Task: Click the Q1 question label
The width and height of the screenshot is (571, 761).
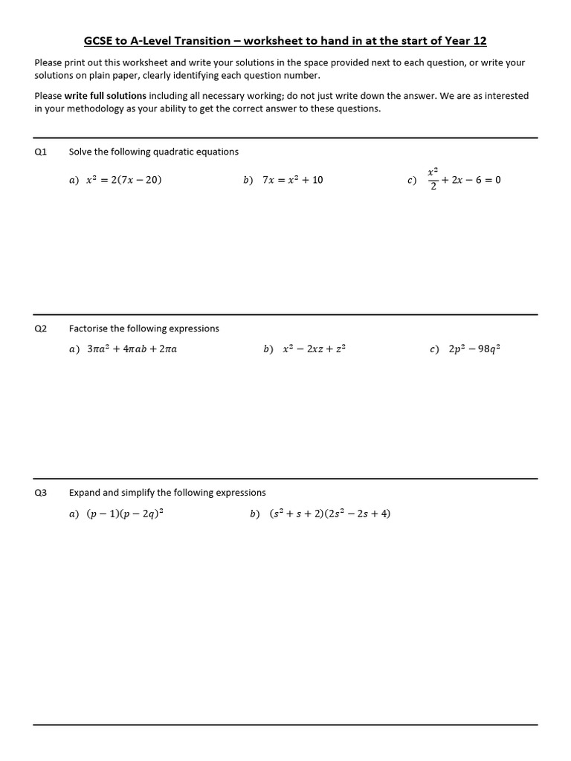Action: pyautogui.click(x=41, y=152)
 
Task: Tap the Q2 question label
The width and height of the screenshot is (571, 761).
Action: pyautogui.click(x=41, y=328)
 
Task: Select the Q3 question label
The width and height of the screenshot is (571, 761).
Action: pyautogui.click(x=41, y=493)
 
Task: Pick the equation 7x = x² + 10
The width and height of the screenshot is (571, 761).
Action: pyautogui.click(x=293, y=180)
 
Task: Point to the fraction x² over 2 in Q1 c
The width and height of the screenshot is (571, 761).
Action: pyautogui.click(x=433, y=179)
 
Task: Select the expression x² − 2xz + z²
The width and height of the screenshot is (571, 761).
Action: pyautogui.click(x=314, y=349)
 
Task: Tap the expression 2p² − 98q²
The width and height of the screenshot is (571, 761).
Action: pyautogui.click(x=474, y=349)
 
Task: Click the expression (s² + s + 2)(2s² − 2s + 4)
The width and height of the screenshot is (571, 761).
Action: pyautogui.click(x=330, y=514)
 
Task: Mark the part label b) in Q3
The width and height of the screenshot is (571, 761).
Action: pyautogui.click(x=255, y=514)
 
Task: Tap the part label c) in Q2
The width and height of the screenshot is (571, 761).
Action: pyautogui.click(x=434, y=349)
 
